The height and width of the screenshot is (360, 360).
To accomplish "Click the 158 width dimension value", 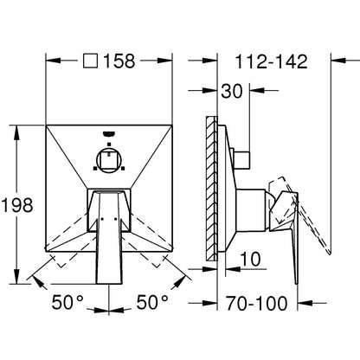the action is click(x=119, y=61).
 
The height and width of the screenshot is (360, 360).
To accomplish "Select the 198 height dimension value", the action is click(x=18, y=206).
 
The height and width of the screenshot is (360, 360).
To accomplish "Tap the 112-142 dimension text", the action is click(x=272, y=61).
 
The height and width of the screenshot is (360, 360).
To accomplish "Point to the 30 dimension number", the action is click(x=232, y=91).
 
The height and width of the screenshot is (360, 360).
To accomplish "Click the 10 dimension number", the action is click(x=250, y=259).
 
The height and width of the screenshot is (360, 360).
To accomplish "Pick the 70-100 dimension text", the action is click(x=257, y=303).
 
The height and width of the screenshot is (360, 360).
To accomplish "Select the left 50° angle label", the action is click(x=67, y=302).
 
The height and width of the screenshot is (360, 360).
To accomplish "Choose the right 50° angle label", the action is click(x=152, y=302).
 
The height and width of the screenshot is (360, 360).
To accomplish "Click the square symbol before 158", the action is click(x=90, y=61).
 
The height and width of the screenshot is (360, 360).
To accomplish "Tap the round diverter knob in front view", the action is click(x=109, y=160).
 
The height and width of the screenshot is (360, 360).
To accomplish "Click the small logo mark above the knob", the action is click(x=109, y=133).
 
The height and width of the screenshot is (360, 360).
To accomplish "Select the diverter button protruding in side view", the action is click(x=241, y=160).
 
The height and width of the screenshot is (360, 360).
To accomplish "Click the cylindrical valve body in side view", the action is click(x=250, y=210).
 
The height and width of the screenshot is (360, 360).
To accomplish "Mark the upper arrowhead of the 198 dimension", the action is click(x=17, y=132).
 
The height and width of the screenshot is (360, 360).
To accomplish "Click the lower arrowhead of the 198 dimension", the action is click(x=17, y=276).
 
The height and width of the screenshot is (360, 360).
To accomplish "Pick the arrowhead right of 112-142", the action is click(x=338, y=61).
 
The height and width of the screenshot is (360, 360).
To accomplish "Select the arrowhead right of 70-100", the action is click(x=305, y=303).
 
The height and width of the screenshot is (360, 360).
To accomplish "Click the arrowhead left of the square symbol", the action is click(x=54, y=61).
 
